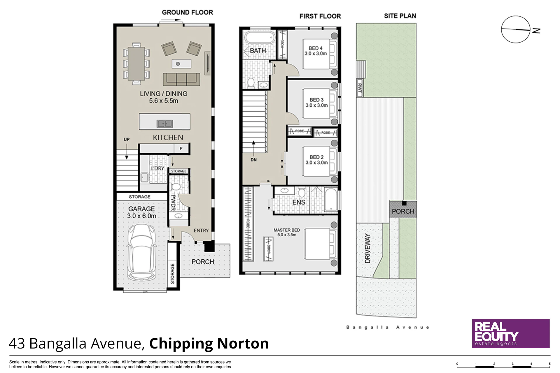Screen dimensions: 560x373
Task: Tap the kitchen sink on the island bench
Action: [x=165, y=124]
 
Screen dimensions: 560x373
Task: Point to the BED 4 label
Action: [x=316, y=48]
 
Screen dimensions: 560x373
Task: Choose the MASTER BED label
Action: [x=287, y=230]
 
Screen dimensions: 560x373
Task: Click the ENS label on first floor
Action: [x=299, y=202]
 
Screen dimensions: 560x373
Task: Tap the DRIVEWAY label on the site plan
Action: [x=367, y=248]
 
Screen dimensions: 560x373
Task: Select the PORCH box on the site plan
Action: [x=403, y=209]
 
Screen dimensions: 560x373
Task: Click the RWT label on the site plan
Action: [x=360, y=88]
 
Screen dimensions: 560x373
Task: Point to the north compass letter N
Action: [x=536, y=31]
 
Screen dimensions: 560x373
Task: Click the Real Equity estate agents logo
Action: [x=511, y=333]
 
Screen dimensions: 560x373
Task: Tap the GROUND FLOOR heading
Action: [x=188, y=12]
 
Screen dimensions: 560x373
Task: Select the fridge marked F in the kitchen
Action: [x=181, y=149]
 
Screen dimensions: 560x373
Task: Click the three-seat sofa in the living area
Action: [x=181, y=79]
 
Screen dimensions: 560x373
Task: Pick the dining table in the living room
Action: [x=136, y=64]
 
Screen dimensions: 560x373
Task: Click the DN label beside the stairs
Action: [x=253, y=160]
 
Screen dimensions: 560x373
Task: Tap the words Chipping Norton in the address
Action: [x=209, y=343]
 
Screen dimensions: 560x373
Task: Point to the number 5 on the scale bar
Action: [x=549, y=364]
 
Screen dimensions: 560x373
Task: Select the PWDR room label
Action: [x=173, y=203]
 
